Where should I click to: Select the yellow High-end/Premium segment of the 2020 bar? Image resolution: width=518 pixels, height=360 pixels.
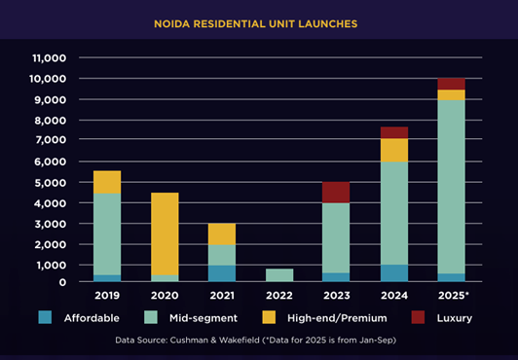click(164, 234)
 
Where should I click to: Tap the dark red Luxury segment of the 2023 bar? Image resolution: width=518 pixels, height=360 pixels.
click(335, 192)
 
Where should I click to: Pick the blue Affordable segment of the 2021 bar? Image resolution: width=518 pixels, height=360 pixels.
click(221, 273)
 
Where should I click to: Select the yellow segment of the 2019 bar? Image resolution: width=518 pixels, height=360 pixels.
click(106, 182)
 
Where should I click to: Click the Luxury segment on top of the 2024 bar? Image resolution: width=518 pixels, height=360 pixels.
click(392, 132)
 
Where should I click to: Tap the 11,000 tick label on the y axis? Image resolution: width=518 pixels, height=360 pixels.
click(47, 57)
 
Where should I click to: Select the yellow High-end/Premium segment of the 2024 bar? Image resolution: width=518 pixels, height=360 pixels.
click(392, 150)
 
